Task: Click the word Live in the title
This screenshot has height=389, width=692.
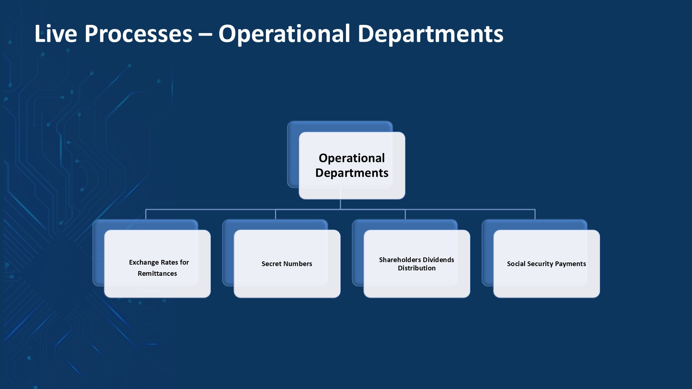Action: pos(56,34)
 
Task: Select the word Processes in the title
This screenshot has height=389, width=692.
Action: pos(138,34)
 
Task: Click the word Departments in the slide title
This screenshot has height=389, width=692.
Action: pos(430,34)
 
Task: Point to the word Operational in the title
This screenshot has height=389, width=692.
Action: pos(284,34)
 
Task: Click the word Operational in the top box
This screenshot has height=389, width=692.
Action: pos(352,158)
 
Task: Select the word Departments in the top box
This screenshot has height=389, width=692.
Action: pos(352,173)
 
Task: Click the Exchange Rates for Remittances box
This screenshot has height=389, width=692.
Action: pos(158,264)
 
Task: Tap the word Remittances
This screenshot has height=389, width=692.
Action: pos(157,274)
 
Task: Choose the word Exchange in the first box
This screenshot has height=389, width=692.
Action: pos(144,262)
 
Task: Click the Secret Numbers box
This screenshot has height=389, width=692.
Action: pos(287,264)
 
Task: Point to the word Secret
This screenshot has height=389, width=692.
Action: pos(271,264)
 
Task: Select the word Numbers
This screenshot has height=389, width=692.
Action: pos(298,264)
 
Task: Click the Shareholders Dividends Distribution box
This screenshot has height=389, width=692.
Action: pos(417,264)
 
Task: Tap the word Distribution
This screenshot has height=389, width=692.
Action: pos(417,268)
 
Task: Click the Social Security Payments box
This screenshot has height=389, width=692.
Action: pos(547,264)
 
